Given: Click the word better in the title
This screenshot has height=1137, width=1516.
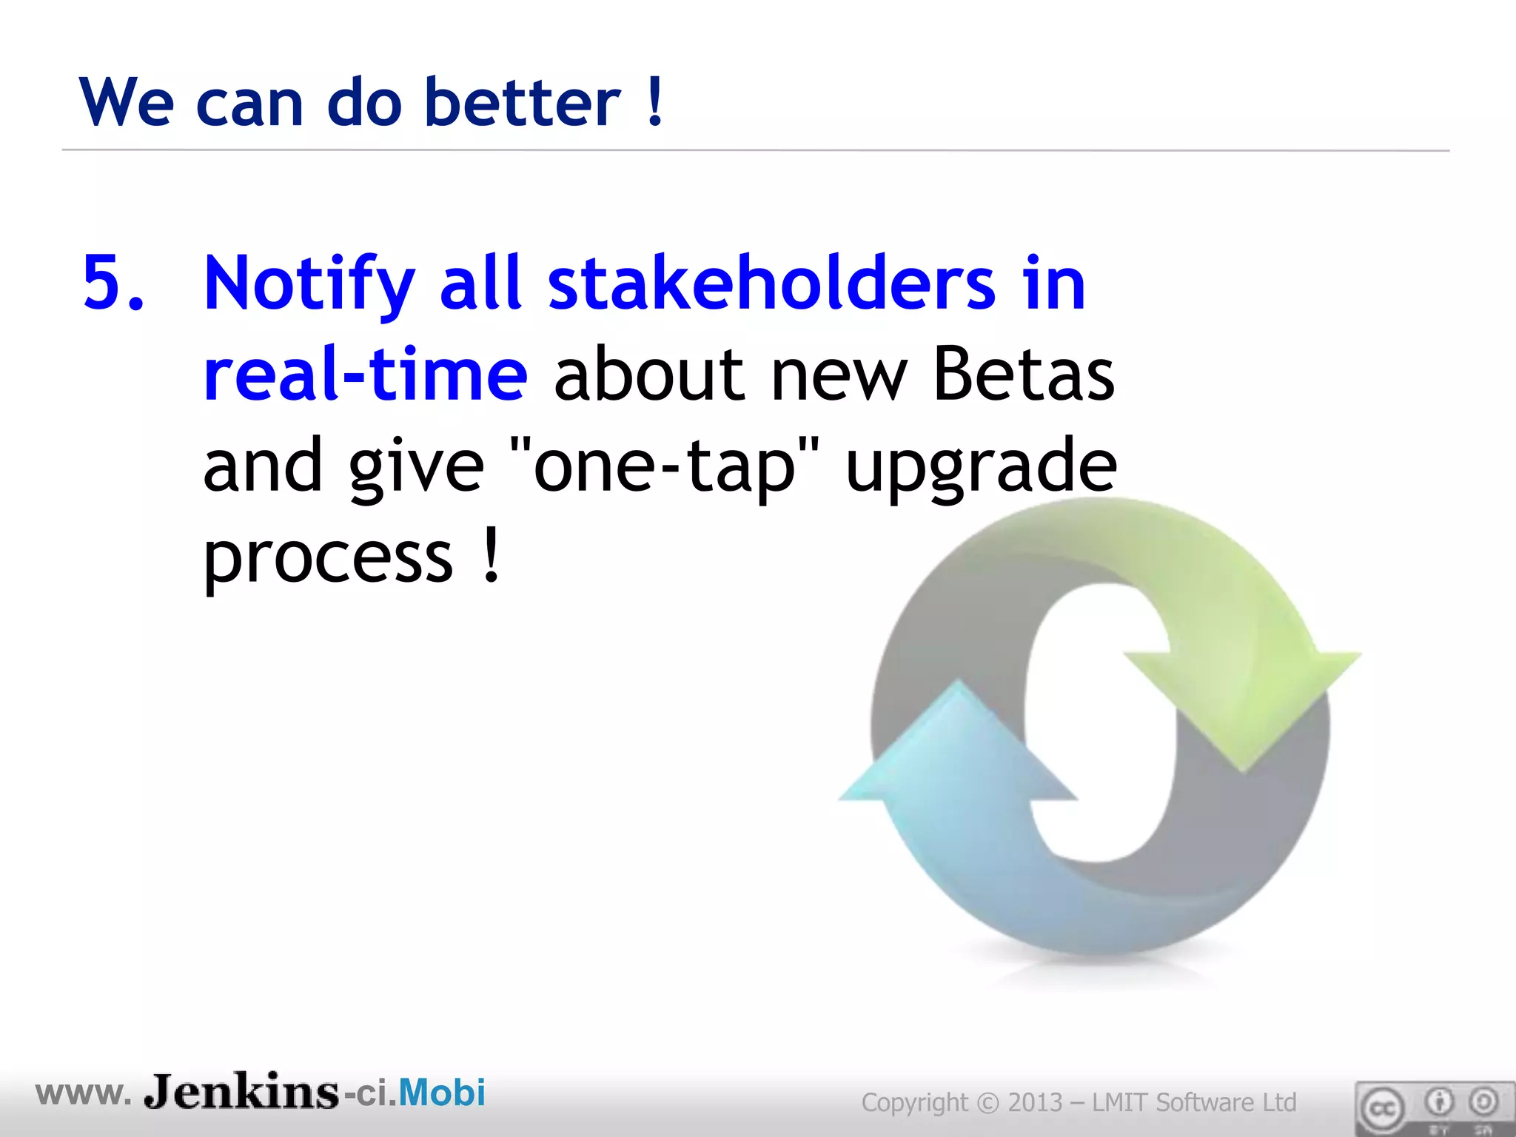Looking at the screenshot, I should (x=523, y=102).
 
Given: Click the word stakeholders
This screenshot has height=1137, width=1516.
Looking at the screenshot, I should (x=771, y=284).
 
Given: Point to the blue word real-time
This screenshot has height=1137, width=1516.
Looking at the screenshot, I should (x=366, y=375).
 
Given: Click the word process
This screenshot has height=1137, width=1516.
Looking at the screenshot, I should (x=328, y=559).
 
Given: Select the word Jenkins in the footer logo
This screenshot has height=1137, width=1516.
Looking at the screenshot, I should (x=241, y=1092).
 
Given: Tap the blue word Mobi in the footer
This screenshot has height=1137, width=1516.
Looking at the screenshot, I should (x=442, y=1093).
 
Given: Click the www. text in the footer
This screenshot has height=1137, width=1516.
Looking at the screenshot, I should (x=83, y=1093).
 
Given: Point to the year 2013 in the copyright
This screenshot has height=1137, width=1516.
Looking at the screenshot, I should (x=1035, y=1102).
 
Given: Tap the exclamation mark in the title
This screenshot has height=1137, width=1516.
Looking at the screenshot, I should (x=654, y=102).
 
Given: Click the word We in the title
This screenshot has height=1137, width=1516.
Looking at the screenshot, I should (x=126, y=102).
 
